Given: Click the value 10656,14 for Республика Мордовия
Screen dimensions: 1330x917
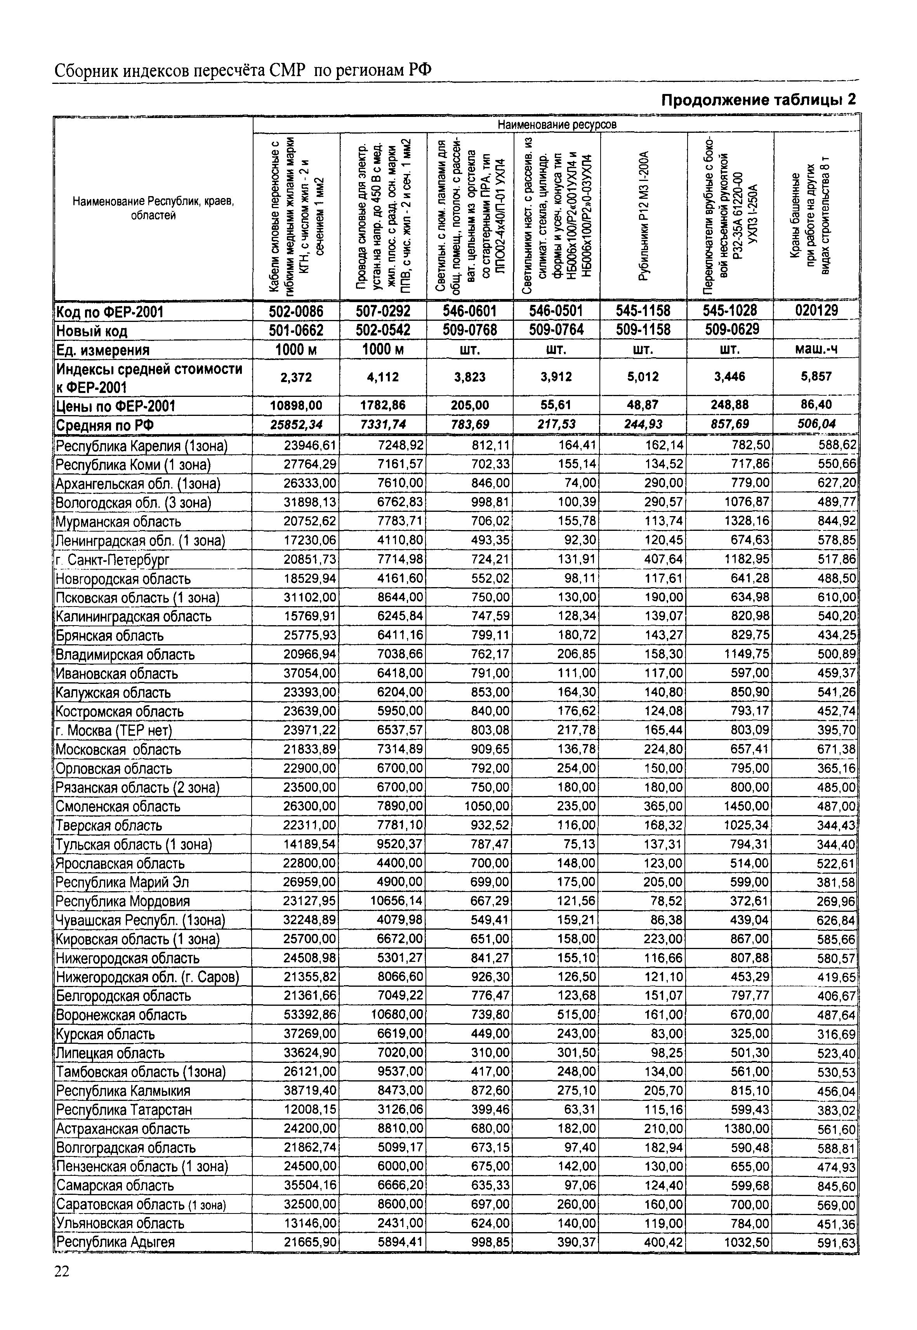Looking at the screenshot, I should tap(396, 901).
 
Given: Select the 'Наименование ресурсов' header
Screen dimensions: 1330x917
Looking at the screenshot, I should tap(556, 124).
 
